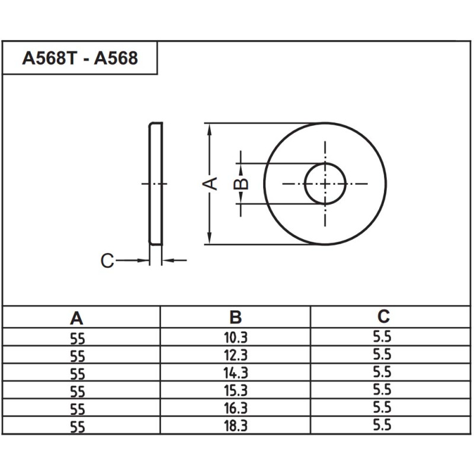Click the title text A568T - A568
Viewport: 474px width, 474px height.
pos(80,58)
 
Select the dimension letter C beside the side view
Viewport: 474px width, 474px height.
pos(107,261)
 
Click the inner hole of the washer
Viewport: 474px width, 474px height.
pos(325,184)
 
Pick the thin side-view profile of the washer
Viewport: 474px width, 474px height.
pos(155,184)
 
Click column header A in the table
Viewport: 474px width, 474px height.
pos(77,318)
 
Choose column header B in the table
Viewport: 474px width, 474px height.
pos(236,317)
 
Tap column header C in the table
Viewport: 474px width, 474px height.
pos(384,316)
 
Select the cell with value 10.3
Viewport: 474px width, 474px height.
pos(236,338)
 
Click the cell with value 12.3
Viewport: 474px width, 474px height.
pos(236,355)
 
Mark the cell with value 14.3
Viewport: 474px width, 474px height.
pos(236,373)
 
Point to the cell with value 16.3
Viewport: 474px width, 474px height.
pos(236,408)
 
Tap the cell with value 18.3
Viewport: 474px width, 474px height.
pos(236,425)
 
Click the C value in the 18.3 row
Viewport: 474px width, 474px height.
pos(383,424)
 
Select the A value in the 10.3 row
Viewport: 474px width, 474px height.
pos(78,340)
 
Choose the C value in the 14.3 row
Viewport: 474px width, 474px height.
pos(383,372)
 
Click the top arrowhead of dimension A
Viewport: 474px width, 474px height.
pos(209,127)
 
